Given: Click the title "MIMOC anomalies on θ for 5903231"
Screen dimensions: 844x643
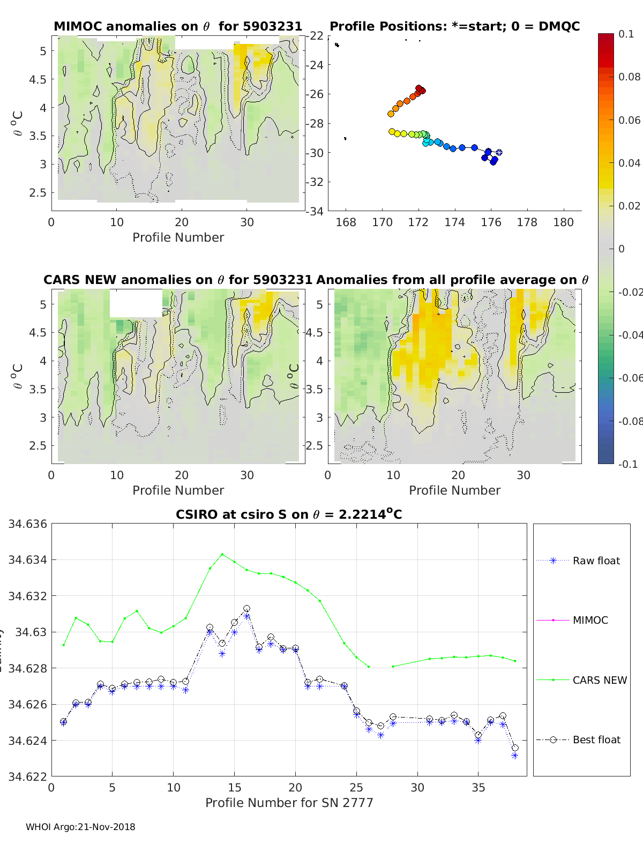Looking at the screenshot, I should click(178, 26).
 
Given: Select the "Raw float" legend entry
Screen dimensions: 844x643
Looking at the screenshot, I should click(596, 561).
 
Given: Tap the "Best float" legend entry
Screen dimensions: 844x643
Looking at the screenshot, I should click(596, 740).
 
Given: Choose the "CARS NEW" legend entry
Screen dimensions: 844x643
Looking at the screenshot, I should click(599, 680).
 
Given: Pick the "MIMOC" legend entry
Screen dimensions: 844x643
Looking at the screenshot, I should click(590, 620).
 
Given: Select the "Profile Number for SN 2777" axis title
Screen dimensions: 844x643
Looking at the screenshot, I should click(289, 803).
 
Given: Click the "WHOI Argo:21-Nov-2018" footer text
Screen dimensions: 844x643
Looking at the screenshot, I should click(80, 827).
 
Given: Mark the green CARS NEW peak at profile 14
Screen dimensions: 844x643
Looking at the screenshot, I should click(222, 554).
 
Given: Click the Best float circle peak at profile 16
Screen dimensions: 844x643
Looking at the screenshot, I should click(246, 609).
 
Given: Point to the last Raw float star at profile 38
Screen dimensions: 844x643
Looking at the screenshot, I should click(515, 756).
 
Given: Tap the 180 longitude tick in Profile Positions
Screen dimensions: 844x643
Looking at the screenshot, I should click(563, 222).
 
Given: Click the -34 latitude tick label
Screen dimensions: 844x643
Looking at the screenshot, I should click(315, 211).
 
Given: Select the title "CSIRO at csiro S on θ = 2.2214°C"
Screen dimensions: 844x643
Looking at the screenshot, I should click(289, 514).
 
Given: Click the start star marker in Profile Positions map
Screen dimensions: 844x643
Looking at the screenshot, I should click(499, 153).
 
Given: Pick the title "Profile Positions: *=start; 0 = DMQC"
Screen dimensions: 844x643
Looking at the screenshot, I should click(454, 26).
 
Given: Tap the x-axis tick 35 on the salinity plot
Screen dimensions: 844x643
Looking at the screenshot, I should click(478, 787).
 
